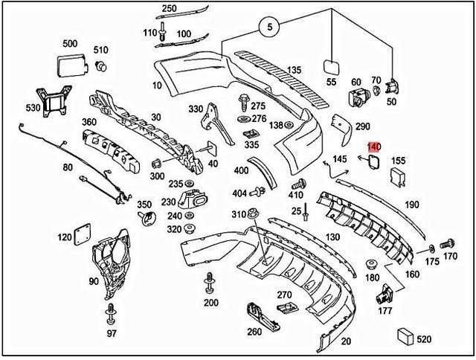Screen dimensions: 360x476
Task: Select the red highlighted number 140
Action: [x=373, y=149]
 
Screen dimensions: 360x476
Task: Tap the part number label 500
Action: [x=70, y=43]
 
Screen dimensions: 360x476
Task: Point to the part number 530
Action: [x=33, y=108]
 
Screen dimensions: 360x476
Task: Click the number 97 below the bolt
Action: [x=112, y=332]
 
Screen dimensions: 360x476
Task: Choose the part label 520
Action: [x=422, y=339]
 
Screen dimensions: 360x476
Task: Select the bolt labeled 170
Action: [x=448, y=243]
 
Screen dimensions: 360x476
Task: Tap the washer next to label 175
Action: [x=431, y=246]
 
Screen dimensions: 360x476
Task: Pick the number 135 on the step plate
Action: [x=294, y=70]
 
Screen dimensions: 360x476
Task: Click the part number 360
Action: [x=89, y=122]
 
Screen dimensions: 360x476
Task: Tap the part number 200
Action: [x=210, y=303]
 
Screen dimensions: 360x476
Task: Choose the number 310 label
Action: [x=238, y=214]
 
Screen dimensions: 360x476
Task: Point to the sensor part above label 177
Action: [x=385, y=292]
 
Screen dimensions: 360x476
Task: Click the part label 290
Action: [x=363, y=127]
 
